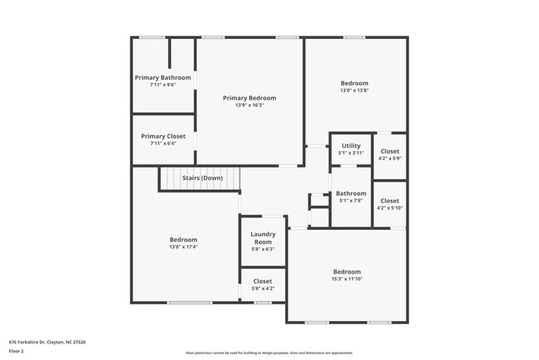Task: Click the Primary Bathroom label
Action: tap(163, 78)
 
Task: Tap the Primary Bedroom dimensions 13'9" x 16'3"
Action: tap(250, 105)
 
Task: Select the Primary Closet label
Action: tap(163, 136)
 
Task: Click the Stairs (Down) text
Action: tap(202, 178)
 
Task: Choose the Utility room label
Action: tap(351, 146)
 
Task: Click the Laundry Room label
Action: tap(263, 238)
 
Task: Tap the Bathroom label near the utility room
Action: tap(351, 193)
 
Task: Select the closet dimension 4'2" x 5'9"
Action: tap(389, 159)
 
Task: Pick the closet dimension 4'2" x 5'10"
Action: tap(389, 208)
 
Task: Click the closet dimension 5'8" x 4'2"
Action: tap(262, 289)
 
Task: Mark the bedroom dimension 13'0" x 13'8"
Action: tap(354, 90)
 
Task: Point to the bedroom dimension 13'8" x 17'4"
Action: tap(183, 246)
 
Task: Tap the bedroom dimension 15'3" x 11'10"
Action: tap(347, 279)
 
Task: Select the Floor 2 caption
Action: tap(17, 352)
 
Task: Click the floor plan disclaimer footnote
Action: tap(269, 352)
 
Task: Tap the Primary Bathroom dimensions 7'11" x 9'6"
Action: tap(163, 85)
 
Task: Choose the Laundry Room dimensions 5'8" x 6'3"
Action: tap(263, 249)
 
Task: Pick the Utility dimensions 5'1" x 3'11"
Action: tap(351, 153)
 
